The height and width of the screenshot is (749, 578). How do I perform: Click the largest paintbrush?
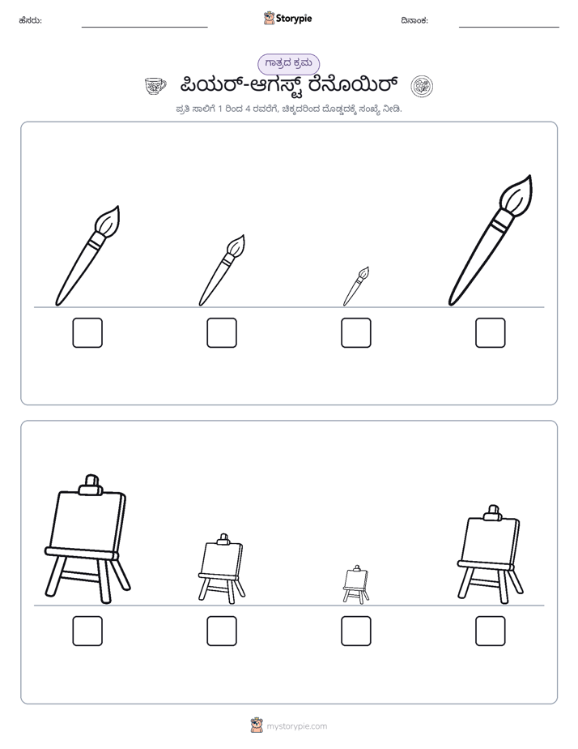point(491,240)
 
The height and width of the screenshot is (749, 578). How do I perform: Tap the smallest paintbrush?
point(355,286)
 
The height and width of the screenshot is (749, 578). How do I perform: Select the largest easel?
point(87,539)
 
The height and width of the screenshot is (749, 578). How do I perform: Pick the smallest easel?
point(355,584)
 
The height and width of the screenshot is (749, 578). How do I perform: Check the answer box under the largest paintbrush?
point(491,332)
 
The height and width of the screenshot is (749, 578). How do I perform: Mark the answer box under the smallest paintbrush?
point(355,332)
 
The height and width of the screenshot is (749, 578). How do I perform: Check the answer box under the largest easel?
point(87,631)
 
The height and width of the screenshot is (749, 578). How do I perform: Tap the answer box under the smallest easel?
point(355,631)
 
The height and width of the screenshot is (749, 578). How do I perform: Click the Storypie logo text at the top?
point(294,19)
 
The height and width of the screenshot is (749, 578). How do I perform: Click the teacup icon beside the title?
point(155,86)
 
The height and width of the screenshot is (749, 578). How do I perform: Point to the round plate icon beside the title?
point(422,87)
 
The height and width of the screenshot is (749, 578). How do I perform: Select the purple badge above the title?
point(288,64)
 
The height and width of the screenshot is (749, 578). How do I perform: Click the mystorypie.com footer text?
point(296,726)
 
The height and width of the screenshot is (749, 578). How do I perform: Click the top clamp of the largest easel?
point(90,485)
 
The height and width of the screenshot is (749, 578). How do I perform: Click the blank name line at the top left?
point(144,28)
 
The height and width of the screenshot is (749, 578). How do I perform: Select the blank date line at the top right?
point(509,28)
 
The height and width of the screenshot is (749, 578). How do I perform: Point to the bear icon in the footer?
point(257,725)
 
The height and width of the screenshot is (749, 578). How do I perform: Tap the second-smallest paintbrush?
point(223,270)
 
